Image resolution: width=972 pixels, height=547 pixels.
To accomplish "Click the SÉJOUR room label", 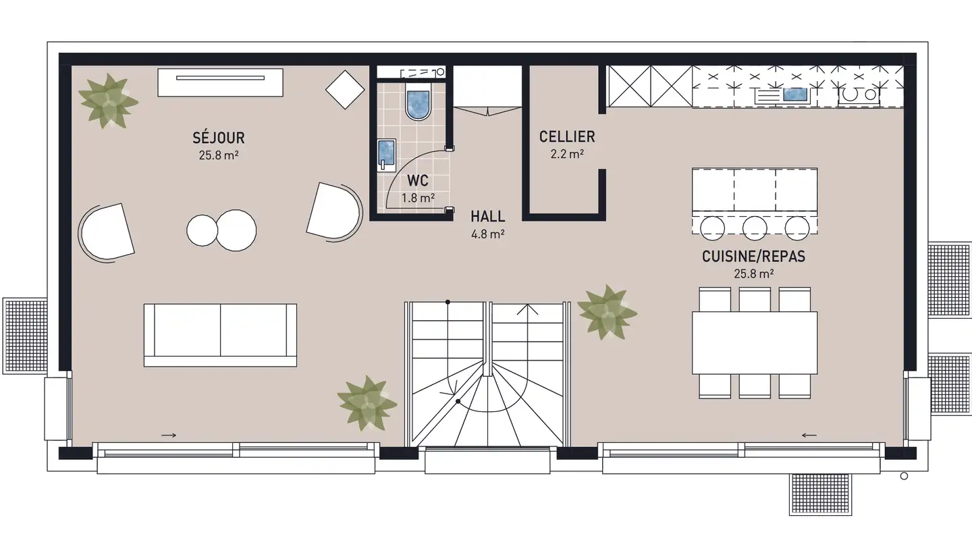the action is point(219,138).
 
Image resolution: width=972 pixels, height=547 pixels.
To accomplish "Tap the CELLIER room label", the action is point(567,136).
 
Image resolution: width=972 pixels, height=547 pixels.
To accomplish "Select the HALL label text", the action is point(488,216).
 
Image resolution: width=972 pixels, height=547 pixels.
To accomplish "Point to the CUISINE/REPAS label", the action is point(754,257).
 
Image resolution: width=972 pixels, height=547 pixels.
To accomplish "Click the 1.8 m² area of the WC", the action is point(418,198).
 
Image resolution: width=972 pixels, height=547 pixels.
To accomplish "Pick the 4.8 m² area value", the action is point(488,234).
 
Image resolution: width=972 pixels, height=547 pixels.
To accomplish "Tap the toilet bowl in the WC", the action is point(418,103).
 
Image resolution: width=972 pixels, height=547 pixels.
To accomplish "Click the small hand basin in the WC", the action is point(386,155).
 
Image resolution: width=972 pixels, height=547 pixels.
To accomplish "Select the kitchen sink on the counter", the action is point(795,95).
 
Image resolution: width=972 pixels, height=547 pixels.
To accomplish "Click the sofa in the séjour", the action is point(221,335).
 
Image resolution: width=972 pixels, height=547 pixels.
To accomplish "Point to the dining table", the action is point(755,342).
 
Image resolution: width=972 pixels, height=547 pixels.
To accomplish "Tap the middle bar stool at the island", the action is point(755,228).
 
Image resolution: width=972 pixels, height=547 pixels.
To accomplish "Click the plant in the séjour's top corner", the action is point(108,101).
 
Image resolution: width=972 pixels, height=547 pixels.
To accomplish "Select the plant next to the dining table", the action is point(607,312).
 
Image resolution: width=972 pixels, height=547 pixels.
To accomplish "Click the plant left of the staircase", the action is point(367,403).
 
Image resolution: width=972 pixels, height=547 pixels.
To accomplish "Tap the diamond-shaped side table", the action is point(345,89).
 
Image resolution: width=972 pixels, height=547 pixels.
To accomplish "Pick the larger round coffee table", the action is point(236,230).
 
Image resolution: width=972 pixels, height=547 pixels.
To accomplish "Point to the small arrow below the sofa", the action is point(169,435).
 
